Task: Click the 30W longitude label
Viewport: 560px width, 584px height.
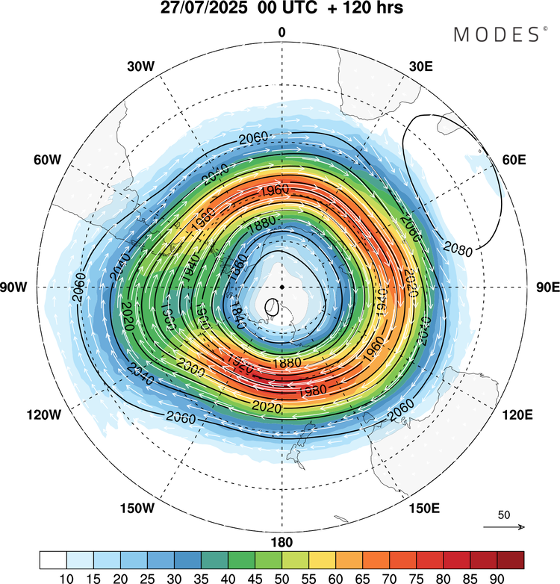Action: (x=140, y=66)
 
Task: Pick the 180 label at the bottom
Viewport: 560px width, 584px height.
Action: (x=281, y=542)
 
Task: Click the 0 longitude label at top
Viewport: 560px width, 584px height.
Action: (x=281, y=32)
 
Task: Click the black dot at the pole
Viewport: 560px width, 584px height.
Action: (x=281, y=287)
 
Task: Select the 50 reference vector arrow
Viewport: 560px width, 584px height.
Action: (x=505, y=527)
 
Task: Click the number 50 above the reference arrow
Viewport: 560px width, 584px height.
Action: (x=504, y=515)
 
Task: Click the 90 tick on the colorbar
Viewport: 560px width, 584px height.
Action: (x=497, y=577)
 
